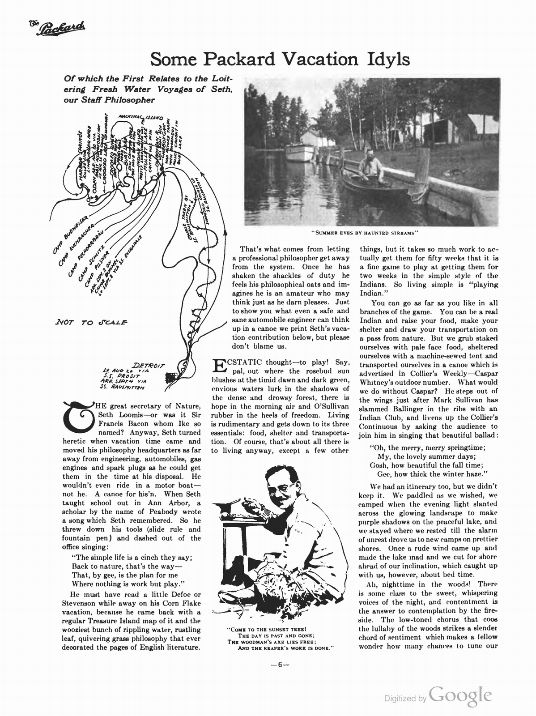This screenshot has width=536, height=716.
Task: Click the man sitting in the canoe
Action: point(370,166)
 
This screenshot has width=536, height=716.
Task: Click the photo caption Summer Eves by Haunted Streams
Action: point(364,232)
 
